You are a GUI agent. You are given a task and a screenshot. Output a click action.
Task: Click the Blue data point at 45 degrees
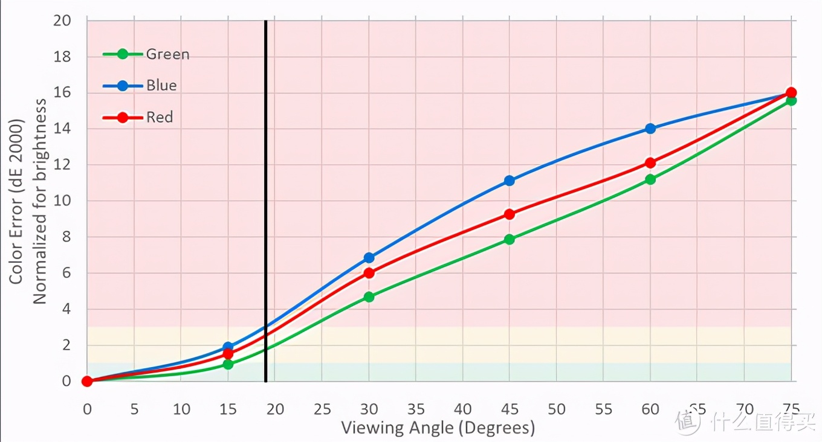[509, 181]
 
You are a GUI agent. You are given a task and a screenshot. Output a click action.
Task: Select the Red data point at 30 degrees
[369, 273]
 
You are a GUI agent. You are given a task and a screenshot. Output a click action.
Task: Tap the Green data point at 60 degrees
[650, 179]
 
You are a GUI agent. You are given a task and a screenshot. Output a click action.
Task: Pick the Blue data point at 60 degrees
[650, 129]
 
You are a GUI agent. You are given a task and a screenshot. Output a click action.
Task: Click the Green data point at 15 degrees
[228, 364]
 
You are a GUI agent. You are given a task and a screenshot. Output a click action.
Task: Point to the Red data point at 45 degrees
[509, 214]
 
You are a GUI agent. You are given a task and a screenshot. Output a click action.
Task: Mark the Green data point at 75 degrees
[791, 100]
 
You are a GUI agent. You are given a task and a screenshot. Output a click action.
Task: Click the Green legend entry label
[167, 54]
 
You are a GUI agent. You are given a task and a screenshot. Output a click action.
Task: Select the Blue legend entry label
[161, 86]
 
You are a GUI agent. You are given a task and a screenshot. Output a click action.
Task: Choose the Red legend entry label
[160, 117]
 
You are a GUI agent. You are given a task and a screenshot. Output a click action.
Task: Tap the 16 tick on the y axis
[63, 93]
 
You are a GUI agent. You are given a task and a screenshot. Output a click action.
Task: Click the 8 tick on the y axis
[66, 237]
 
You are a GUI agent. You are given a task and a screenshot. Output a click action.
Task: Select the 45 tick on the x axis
[509, 409]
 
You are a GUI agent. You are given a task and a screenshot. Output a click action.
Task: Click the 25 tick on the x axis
[322, 409]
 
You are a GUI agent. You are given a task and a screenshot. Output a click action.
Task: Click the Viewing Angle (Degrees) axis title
[438, 428]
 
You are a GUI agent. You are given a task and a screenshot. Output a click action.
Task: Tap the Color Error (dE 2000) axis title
[16, 202]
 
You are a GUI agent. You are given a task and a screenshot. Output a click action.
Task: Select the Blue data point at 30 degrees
[369, 258]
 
